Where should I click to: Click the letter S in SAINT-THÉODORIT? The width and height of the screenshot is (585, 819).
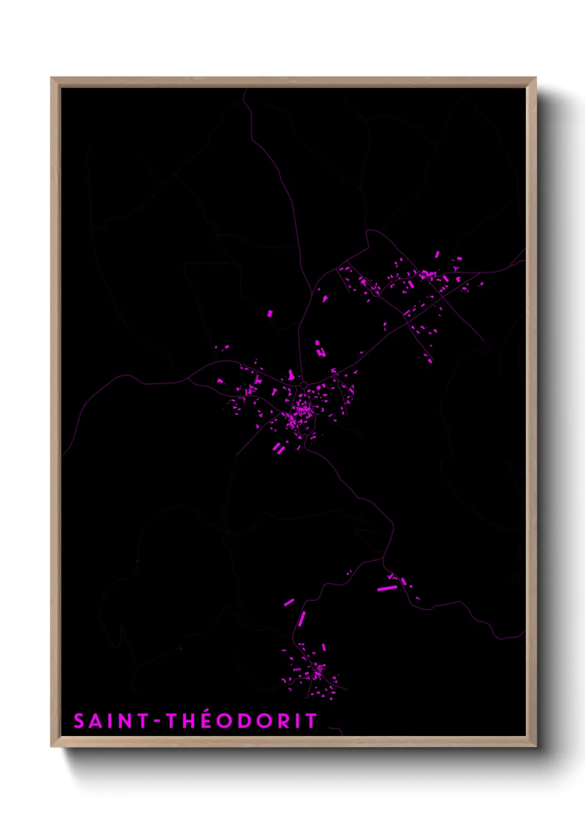click(x=79, y=721)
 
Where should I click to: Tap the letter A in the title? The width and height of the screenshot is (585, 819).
click(x=96, y=721)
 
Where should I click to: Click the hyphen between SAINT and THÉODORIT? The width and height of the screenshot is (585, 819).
click(x=158, y=722)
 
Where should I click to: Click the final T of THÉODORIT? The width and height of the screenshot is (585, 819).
click(x=311, y=721)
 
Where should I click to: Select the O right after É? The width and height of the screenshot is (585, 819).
click(x=228, y=721)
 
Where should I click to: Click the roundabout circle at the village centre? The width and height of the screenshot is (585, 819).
click(x=303, y=384)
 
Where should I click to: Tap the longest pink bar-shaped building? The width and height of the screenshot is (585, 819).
click(x=387, y=588)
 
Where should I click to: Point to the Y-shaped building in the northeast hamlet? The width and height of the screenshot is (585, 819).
click(x=456, y=269)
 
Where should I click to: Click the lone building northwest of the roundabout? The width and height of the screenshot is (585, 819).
click(x=270, y=313)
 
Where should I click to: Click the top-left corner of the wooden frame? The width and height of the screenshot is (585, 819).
click(x=51, y=78)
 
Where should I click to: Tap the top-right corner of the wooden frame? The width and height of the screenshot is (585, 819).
click(x=536, y=78)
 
